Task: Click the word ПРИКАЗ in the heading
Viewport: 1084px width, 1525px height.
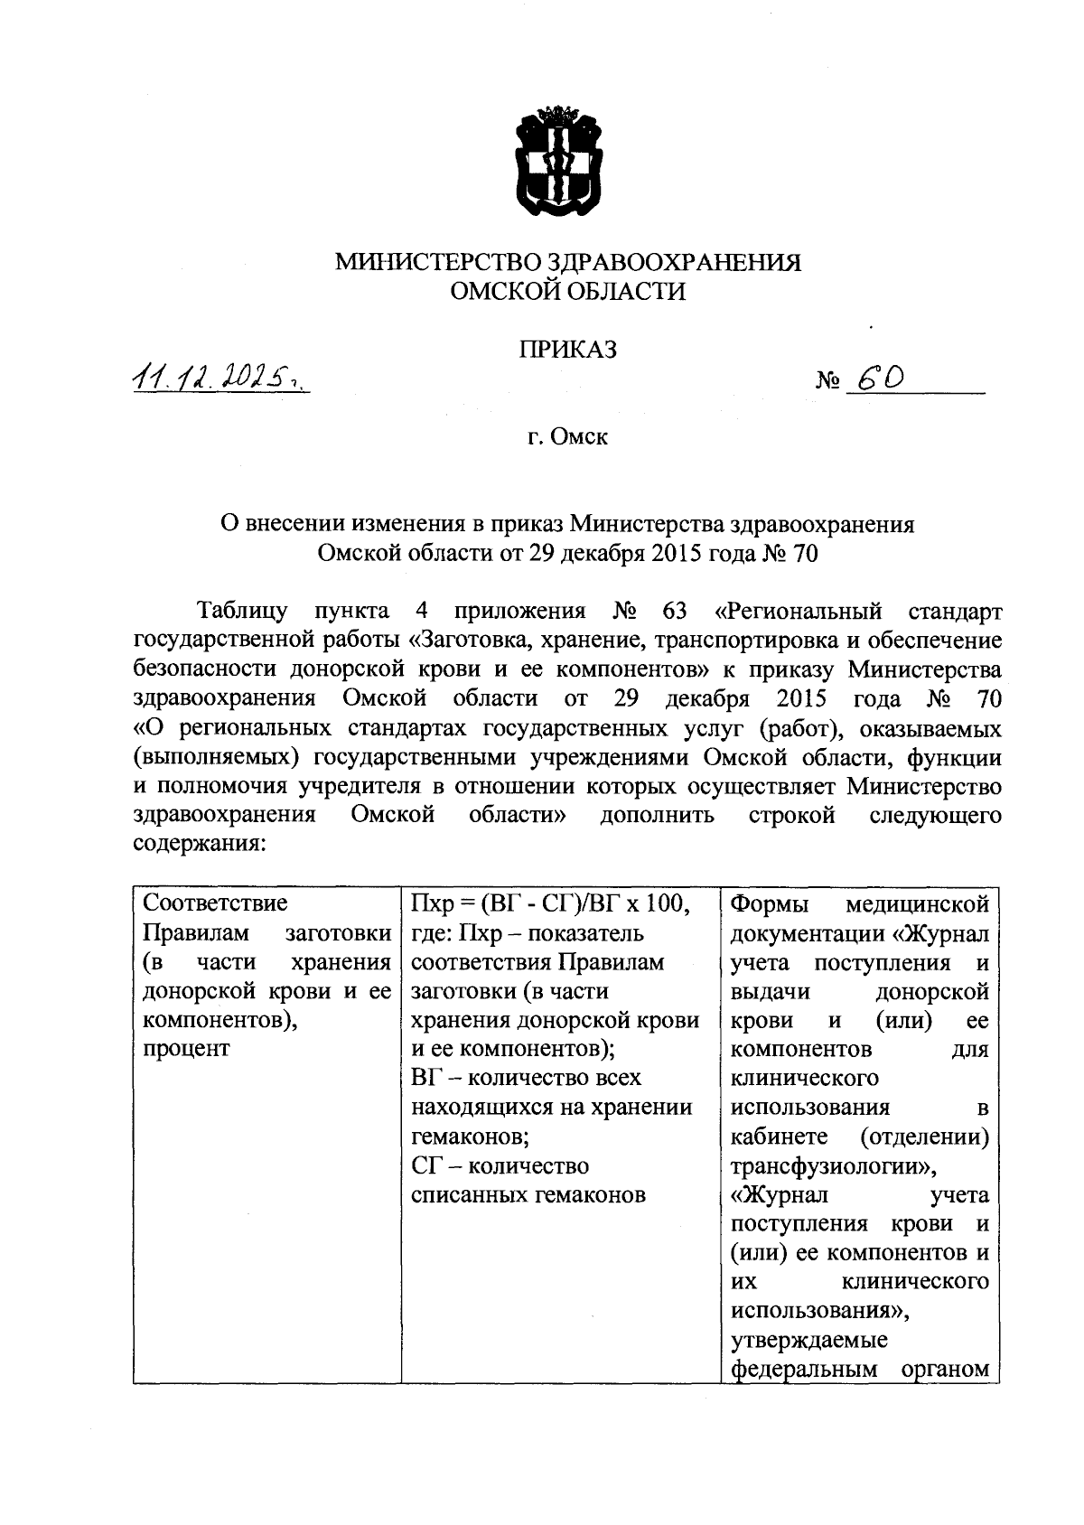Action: [567, 350]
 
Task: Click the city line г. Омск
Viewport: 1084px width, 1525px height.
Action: [568, 437]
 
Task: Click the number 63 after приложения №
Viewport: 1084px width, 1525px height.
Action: [675, 612]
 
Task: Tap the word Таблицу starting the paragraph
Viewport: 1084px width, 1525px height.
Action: [241, 612]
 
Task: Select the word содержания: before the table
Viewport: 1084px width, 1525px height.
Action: [200, 845]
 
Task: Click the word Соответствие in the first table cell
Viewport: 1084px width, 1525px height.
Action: [216, 903]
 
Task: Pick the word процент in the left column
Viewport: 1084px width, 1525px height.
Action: [186, 1049]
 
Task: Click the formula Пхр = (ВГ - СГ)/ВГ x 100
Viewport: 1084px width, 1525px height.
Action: [551, 903]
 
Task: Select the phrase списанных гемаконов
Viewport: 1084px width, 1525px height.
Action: [528, 1194]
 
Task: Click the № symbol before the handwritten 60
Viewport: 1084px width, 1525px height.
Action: [828, 383]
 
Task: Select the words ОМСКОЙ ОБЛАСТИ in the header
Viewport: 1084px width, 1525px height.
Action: [567, 292]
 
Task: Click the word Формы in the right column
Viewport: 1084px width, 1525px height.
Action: [770, 903]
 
